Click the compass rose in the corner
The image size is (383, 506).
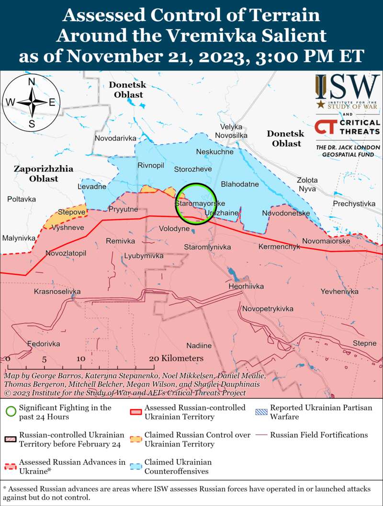pyautogui.click(x=32, y=102)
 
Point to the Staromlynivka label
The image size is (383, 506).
pyautogui.click(x=208, y=247)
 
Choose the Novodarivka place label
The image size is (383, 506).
pyautogui.click(x=115, y=138)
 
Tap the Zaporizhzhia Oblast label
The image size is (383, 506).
pyautogui.click(x=43, y=173)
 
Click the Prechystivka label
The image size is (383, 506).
pyautogui.click(x=354, y=204)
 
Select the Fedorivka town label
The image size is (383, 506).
pyautogui.click(x=44, y=344)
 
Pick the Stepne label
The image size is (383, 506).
pyautogui.click(x=364, y=343)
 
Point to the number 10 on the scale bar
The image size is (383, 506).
pyautogui.click(x=80, y=359)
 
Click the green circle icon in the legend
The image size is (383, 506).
pyautogui.click(x=11, y=412)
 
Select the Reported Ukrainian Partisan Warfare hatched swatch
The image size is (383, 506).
pyautogui.click(x=262, y=412)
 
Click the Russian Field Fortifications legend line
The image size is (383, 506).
pyautogui.click(x=262, y=435)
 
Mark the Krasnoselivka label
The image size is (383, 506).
pyautogui.click(x=57, y=291)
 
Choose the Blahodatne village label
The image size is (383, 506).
pyautogui.click(x=240, y=184)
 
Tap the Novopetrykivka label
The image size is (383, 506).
pyautogui.click(x=267, y=309)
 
